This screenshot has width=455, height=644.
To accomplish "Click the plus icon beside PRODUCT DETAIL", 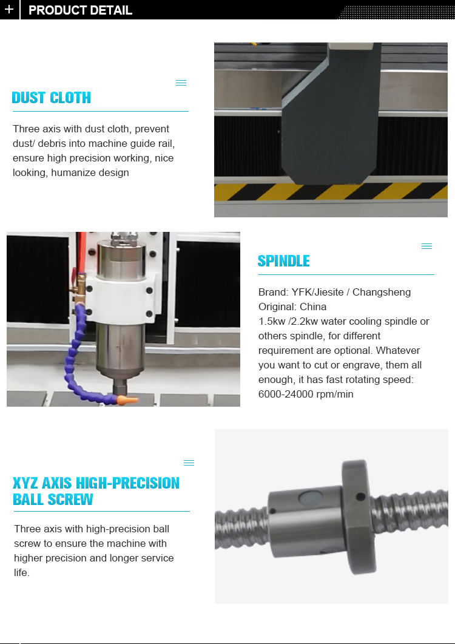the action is click(9, 9).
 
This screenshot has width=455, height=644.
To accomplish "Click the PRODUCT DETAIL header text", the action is click(81, 10).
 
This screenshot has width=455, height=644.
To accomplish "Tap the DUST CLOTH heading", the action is click(52, 98).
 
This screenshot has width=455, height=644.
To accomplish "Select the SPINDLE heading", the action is click(283, 261).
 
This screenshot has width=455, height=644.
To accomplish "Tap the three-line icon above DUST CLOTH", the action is click(181, 83).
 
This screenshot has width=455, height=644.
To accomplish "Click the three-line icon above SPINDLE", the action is click(426, 246).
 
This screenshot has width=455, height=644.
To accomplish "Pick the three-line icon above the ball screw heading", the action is click(189, 463).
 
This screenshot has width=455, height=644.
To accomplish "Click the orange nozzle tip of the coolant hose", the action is click(127, 399).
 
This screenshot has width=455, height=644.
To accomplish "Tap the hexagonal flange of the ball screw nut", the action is click(358, 517).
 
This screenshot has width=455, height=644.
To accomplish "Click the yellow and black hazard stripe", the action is click(331, 191).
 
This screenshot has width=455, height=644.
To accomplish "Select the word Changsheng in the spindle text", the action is click(382, 293).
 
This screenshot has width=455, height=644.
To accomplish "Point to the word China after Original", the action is click(313, 307).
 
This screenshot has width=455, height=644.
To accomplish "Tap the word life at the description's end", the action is click(21, 572).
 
